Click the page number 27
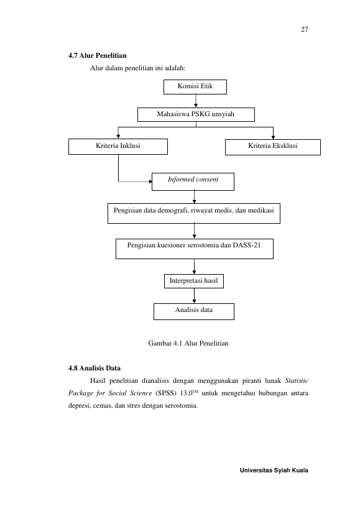click(x=305, y=29)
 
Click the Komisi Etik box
click(x=195, y=87)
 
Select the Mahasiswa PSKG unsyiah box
click(x=196, y=114)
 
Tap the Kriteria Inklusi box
click(x=118, y=147)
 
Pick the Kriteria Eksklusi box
click(x=273, y=147)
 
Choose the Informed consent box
click(x=193, y=181)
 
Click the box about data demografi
click(x=194, y=213)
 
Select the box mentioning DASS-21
click(x=195, y=249)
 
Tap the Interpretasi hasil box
click(x=194, y=281)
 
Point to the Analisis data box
click(x=194, y=311)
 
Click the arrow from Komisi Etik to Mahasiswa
click(x=196, y=101)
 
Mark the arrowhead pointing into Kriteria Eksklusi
click(x=273, y=137)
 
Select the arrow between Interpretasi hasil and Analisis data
click(x=194, y=296)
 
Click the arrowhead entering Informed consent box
click(x=150, y=181)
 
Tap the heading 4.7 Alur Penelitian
click(x=98, y=55)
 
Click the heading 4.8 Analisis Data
click(x=95, y=368)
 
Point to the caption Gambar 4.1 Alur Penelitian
click(x=188, y=344)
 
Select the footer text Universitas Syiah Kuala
click(x=274, y=470)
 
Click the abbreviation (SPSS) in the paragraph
click(x=166, y=393)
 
